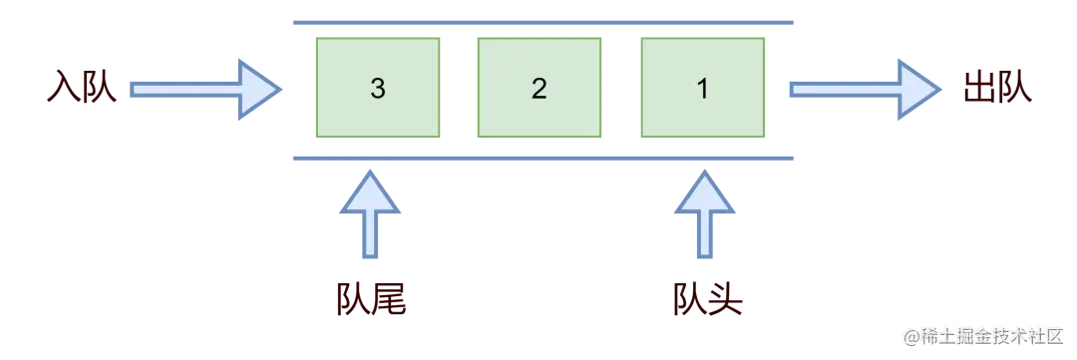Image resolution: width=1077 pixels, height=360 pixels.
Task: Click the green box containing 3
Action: point(377,88)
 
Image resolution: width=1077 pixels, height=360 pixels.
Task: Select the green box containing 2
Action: point(538,88)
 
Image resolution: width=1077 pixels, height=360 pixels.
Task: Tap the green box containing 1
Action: point(701,88)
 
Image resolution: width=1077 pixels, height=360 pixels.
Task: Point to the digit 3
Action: point(377,89)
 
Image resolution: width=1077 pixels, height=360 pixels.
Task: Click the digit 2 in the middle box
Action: point(538,89)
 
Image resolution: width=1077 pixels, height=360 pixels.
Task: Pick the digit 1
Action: point(701,89)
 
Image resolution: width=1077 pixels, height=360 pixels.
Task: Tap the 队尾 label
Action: point(370,299)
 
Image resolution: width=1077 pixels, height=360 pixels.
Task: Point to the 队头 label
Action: point(706,299)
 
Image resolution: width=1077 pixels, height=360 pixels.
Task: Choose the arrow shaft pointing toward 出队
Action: point(843,89)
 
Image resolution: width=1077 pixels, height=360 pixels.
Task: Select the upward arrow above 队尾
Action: point(370,219)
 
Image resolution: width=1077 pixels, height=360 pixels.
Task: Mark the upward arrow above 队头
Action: point(706,219)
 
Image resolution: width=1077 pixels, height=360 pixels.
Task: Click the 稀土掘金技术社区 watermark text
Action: point(992,336)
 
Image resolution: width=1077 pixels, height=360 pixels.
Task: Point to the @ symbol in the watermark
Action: point(909,336)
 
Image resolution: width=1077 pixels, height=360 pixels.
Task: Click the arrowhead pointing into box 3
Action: point(256,89)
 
